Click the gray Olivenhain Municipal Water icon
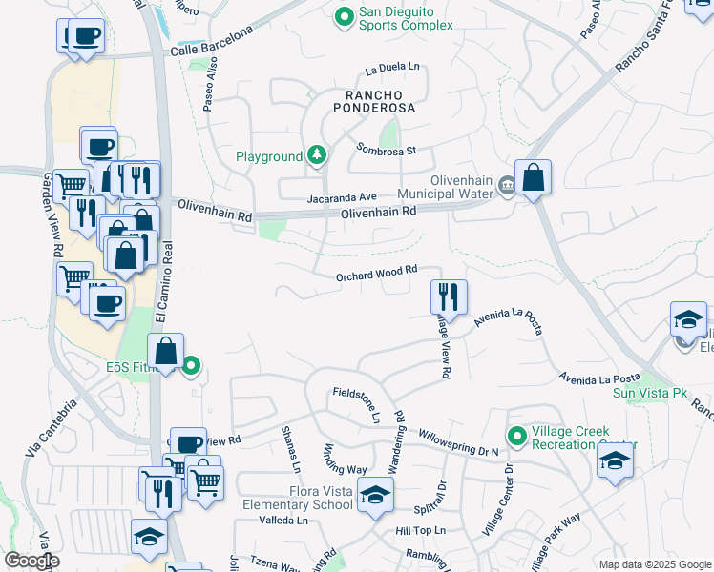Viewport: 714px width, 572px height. [507, 190]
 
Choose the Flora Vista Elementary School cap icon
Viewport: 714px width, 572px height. [376, 496]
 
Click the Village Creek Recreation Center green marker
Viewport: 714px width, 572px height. [516, 437]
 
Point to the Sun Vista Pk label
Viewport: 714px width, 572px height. [650, 393]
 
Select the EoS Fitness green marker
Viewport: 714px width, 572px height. [191, 364]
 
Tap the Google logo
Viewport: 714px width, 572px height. [31, 561]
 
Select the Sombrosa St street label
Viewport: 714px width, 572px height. [387, 150]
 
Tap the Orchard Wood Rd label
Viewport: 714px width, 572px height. [377, 273]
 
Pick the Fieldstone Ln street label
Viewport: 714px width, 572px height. [357, 404]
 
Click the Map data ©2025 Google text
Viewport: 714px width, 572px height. [654, 564]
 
